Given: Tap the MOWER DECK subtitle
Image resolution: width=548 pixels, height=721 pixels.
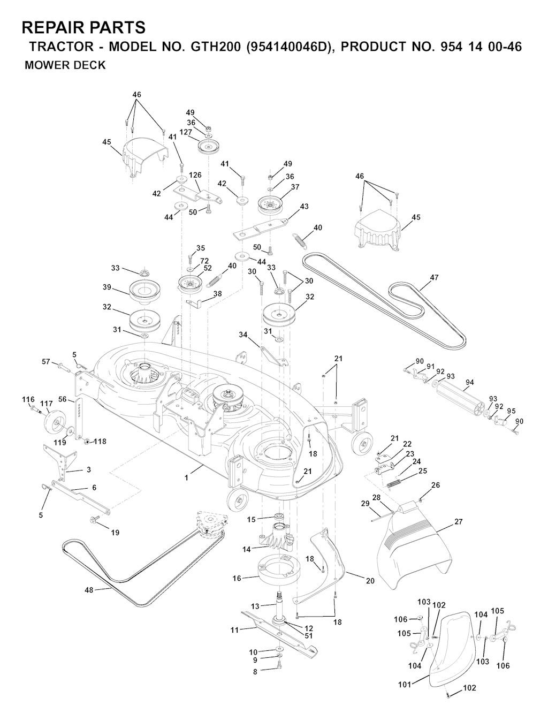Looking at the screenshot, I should click(65, 66).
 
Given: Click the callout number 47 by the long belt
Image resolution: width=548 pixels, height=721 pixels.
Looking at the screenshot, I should click(434, 277).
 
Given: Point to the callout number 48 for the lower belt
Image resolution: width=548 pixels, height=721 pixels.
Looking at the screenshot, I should click(89, 590).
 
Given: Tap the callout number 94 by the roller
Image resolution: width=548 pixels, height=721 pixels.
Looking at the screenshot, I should click(470, 382).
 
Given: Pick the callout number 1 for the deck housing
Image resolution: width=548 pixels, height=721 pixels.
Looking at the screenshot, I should click(186, 477).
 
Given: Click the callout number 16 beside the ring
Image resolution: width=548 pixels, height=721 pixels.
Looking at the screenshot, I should click(237, 578).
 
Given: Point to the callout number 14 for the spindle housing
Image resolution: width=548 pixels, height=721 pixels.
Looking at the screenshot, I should click(246, 549).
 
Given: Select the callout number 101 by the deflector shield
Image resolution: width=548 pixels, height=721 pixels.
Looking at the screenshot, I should click(404, 684).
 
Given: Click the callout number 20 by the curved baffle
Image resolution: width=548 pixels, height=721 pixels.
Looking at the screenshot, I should click(370, 581).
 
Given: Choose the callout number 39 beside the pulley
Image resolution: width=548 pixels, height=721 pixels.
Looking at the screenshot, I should click(107, 287).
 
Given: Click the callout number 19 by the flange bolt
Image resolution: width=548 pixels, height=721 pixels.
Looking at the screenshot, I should click(115, 532).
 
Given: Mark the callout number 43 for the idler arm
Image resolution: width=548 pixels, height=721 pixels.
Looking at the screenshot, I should click(304, 206).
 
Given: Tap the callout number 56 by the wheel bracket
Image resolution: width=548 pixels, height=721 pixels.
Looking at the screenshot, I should click(63, 399).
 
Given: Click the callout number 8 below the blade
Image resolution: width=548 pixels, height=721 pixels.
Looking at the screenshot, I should click(255, 671).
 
